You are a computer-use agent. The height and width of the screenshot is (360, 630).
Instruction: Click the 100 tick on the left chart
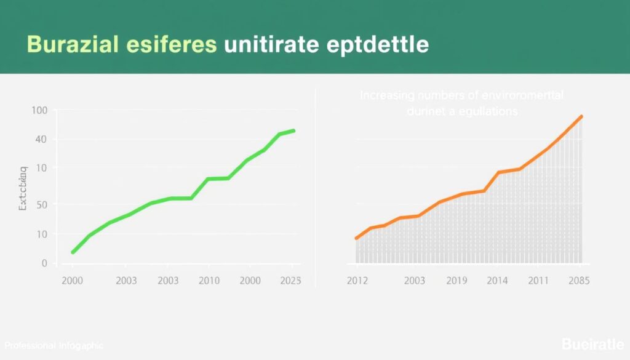tap(39, 111)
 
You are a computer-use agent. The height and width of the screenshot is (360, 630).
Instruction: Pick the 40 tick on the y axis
tap(41, 140)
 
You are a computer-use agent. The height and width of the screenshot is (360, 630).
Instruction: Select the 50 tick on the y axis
tap(41, 204)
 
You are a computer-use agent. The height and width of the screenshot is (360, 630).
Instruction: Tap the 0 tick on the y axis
tap(44, 263)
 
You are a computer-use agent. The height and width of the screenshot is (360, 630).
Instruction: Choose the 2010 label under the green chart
tap(209, 281)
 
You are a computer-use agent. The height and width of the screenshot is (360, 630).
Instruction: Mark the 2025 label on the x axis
tap(290, 281)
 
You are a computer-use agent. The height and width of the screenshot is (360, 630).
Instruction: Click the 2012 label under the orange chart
tap(357, 281)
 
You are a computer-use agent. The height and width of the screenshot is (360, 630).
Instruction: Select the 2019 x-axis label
tap(456, 281)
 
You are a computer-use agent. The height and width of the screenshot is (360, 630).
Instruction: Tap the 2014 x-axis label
tap(497, 281)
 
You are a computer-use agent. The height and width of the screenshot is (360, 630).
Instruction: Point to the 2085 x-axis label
tap(578, 281)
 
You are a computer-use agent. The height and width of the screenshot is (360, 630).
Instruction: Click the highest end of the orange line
tap(581, 116)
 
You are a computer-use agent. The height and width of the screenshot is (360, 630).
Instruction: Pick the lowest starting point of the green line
tap(73, 252)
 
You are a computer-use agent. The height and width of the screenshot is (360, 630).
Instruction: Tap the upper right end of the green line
tap(294, 130)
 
